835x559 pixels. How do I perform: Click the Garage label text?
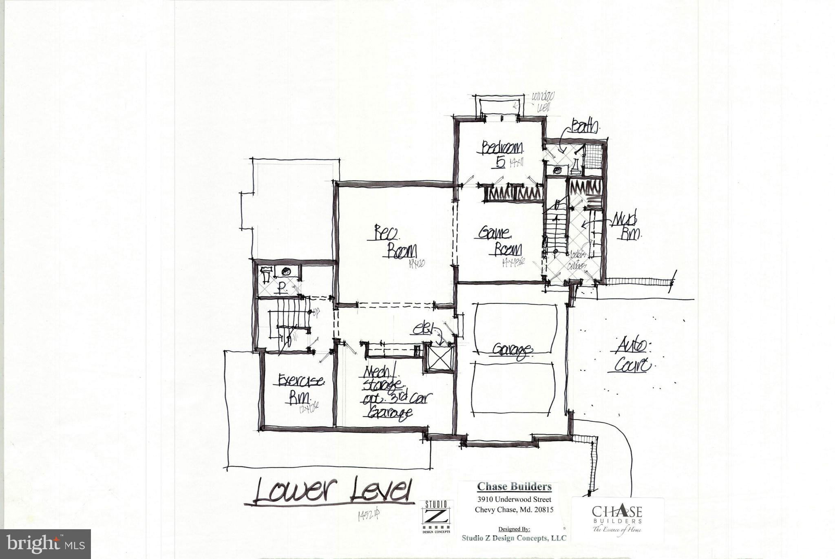click(512, 350)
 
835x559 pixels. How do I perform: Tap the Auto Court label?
click(632, 355)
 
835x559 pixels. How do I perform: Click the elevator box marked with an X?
click(439, 358)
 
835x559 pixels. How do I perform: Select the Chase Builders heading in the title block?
click(514, 486)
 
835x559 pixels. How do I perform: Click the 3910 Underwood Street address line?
click(514, 499)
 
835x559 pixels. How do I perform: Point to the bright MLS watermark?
click(46, 544)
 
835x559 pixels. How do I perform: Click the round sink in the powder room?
click(286, 272)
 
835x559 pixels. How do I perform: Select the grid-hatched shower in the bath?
click(592, 155)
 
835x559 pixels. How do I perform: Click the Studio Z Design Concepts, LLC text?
click(514, 538)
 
